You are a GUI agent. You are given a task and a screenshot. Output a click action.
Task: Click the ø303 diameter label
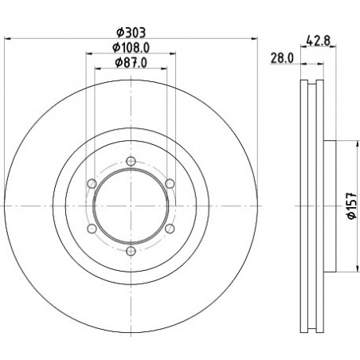pos(131,33)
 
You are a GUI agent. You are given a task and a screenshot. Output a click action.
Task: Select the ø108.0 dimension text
pos(131,48)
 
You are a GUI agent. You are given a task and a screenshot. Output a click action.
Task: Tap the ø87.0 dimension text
pos(131,63)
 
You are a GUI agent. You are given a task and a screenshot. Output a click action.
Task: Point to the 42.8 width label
pos(318,41)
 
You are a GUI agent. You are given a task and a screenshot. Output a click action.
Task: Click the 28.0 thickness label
pos(282,58)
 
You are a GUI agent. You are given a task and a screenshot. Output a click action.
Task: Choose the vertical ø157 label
pos(352,205)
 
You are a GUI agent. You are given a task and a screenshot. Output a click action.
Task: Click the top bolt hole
pos(131,161)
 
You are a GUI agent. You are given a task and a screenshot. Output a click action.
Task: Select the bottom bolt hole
pos(131,251)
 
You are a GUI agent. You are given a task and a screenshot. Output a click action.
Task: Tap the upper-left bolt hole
pos(92,183)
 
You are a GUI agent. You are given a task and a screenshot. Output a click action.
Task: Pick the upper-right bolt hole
pos(170,183)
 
